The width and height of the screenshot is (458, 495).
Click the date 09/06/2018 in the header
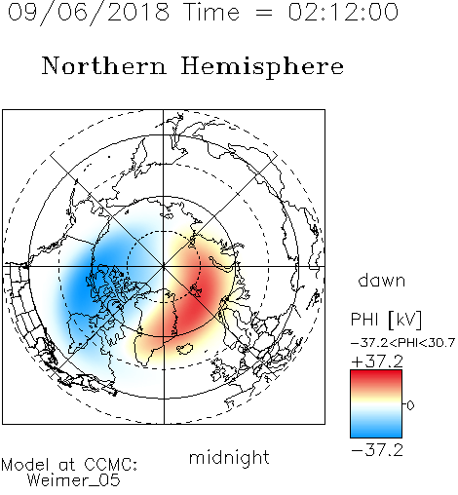[89, 13]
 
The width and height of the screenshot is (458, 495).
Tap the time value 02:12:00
[343, 12]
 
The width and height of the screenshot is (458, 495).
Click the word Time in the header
[211, 12]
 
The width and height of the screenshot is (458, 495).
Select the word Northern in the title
[104, 66]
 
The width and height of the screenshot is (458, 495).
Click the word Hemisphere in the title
[262, 67]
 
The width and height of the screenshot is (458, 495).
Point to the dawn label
[381, 280]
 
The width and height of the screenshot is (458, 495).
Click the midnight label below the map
[229, 457]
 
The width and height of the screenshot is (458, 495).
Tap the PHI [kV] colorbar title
[386, 320]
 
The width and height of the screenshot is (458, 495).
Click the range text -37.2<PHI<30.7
[402, 343]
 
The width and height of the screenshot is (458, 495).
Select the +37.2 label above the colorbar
[377, 362]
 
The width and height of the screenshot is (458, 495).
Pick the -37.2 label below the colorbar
[377, 450]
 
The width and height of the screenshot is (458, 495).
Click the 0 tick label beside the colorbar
[410, 405]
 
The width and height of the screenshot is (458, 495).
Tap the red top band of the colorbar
[376, 377]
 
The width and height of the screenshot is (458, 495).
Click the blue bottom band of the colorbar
[376, 431]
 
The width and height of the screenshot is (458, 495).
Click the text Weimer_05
[73, 480]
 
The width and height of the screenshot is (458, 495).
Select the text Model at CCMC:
[69, 465]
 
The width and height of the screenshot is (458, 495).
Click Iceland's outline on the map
[184, 349]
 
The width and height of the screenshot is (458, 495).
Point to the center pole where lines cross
[164, 266]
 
